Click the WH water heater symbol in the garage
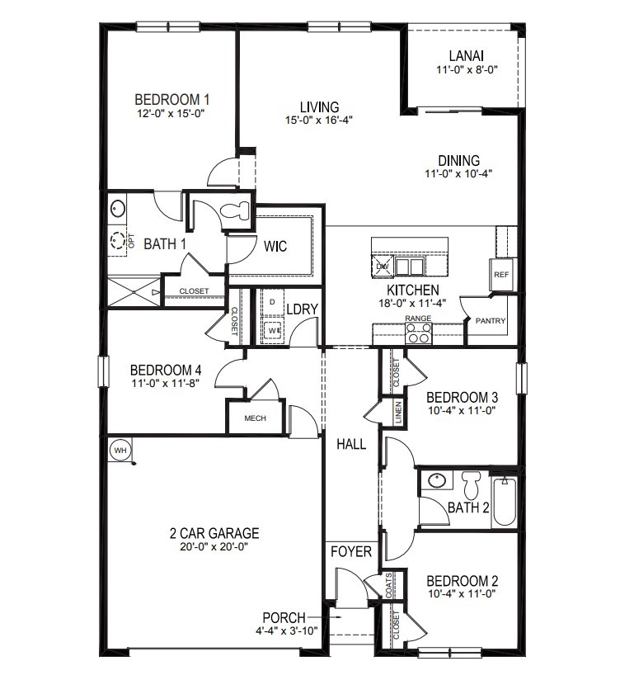coord(120,450)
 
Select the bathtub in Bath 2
coord(503,502)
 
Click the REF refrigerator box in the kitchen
coord(500,275)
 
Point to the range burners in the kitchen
coord(419,333)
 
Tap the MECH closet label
coord(255,418)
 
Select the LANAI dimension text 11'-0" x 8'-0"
coord(466,71)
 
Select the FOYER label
coord(351,551)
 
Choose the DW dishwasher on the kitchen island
coord(382,267)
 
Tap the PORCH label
coord(284,617)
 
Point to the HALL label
coord(351,444)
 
